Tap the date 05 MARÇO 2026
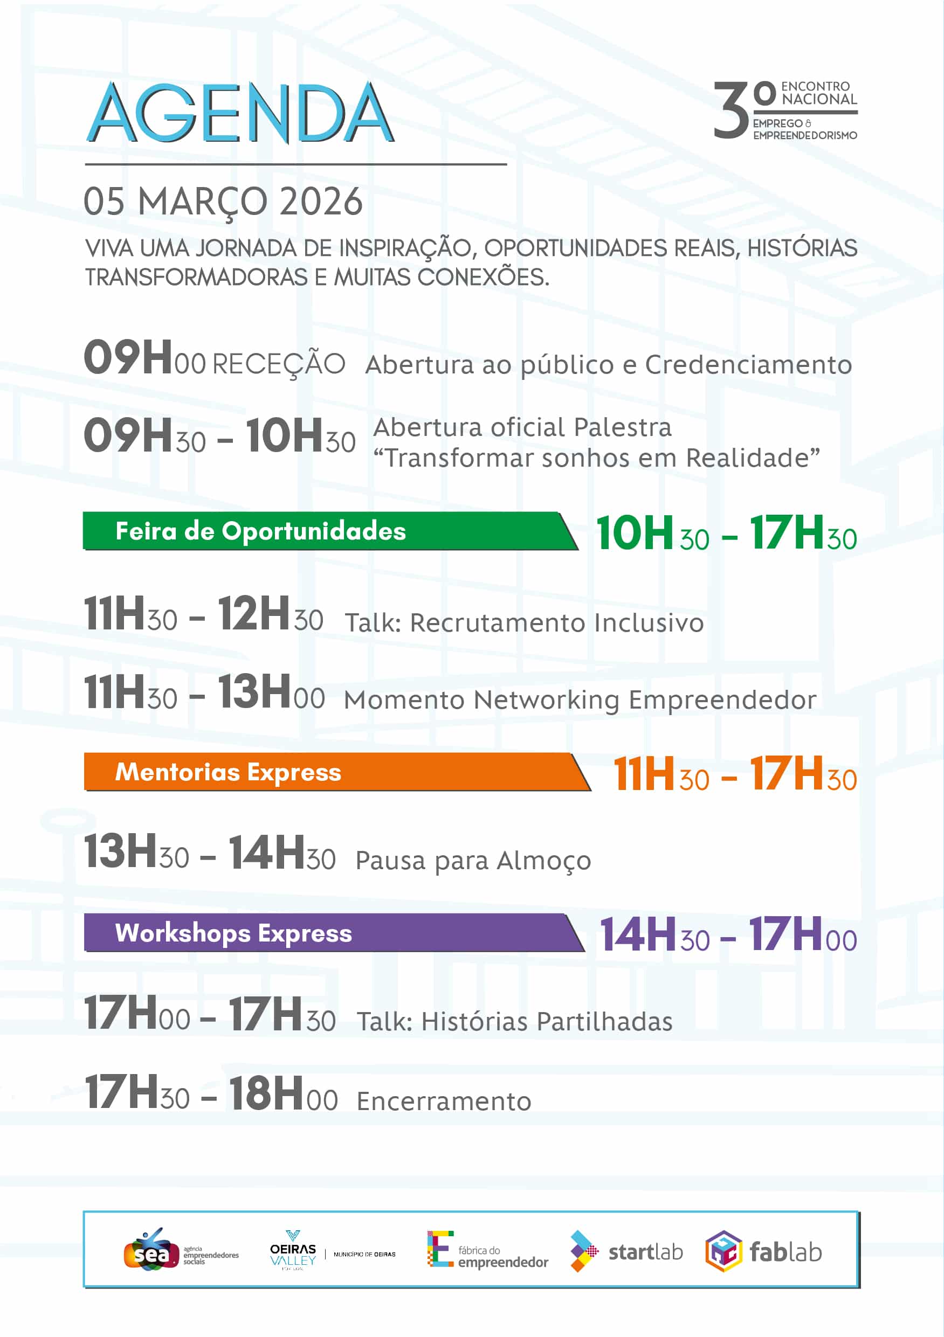(223, 202)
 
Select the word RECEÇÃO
(279, 364)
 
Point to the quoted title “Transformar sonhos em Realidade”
(596, 458)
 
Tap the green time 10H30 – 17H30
(726, 534)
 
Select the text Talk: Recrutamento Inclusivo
(524, 622)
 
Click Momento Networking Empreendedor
(580, 699)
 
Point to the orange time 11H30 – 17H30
(734, 774)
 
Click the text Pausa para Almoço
(473, 860)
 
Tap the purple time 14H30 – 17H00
(728, 934)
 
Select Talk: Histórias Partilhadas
(514, 1021)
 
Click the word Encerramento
(444, 1101)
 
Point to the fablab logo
(763, 1251)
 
